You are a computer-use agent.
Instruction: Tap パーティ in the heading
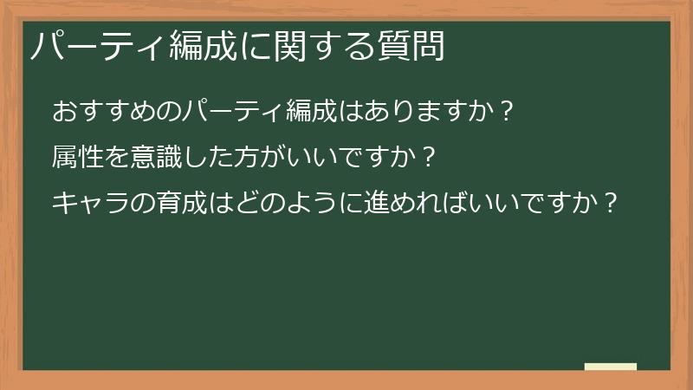[x=95, y=46]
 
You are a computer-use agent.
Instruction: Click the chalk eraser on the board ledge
[x=610, y=367]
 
